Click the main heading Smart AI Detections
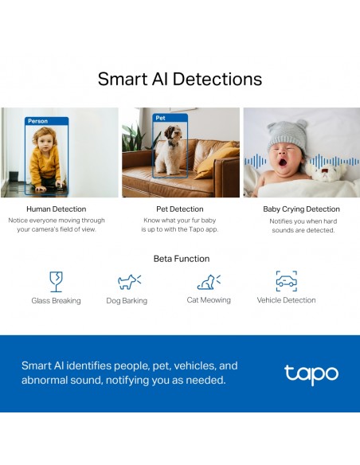[180, 79]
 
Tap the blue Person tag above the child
[46, 121]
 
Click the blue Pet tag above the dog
[170, 118]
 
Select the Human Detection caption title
[57, 209]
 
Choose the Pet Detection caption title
[180, 209]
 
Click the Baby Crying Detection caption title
[301, 209]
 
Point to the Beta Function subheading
[182, 259]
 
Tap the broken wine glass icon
[56, 281]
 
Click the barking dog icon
[129, 282]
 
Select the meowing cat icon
[209, 282]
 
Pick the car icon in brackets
[287, 281]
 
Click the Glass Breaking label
[56, 301]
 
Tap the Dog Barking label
[127, 301]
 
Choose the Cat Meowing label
[209, 300]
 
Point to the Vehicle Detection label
[286, 300]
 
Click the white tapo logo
[311, 374]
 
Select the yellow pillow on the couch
[217, 160]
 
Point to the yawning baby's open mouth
[283, 162]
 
